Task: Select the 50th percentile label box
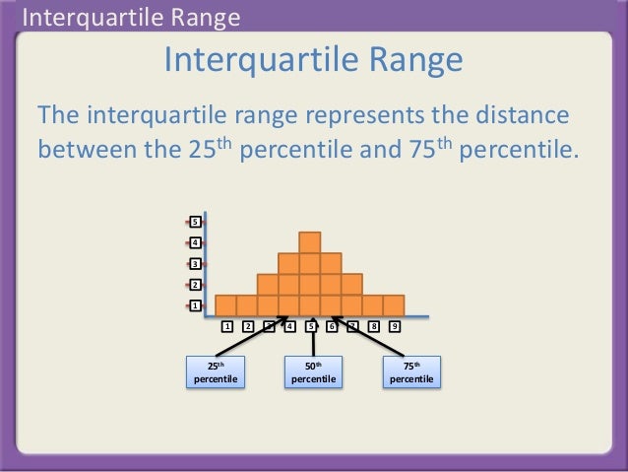click(313, 371)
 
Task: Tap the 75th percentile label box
click(410, 371)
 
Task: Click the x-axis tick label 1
click(226, 326)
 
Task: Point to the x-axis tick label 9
click(395, 326)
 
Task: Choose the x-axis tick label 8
click(374, 326)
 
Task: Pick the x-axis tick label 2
click(248, 326)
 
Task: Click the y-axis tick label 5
click(195, 222)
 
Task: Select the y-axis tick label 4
click(195, 242)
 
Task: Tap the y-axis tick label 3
click(195, 264)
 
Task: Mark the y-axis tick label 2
click(195, 285)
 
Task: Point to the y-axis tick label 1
click(195, 305)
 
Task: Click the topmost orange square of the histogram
click(310, 242)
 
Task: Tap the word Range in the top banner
click(204, 17)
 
